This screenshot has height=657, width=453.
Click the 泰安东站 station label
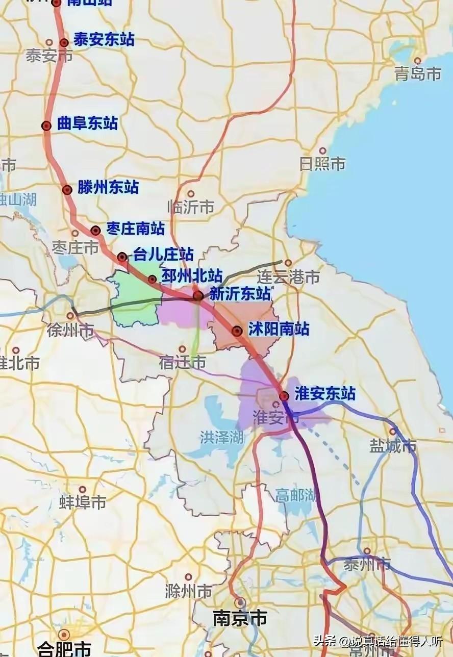[104, 40]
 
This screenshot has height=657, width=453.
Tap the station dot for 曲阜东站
[46, 125]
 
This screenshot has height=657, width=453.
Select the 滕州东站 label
[108, 187]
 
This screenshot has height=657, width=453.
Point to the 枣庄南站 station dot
[95, 231]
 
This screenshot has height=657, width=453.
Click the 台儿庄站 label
[163, 254]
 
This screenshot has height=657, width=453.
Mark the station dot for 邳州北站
[152, 279]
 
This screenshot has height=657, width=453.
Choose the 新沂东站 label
[240, 294]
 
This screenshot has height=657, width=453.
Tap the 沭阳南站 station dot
[237, 331]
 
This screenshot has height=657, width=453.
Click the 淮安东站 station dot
[284, 396]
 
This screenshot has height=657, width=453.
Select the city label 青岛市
[417, 74]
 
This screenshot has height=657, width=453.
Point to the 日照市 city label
[322, 164]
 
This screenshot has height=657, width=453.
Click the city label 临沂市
[191, 207]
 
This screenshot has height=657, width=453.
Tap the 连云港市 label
[288, 277]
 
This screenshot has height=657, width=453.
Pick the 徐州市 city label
[70, 331]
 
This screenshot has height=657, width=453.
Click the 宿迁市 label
[182, 363]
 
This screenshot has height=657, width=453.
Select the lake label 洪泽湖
[221, 437]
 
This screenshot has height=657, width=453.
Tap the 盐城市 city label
[393, 446]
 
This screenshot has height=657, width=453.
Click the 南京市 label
[240, 619]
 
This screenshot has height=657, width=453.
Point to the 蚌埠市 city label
[83, 502]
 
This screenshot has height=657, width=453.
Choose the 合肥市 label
[64, 649]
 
